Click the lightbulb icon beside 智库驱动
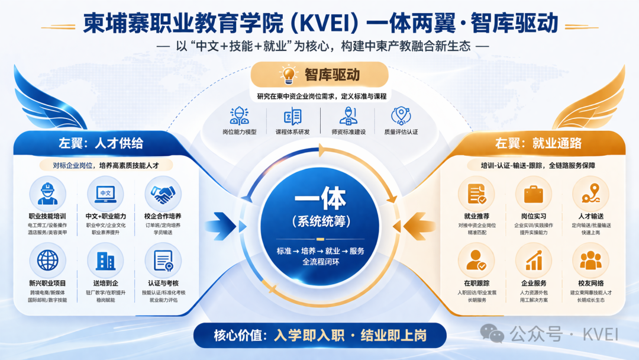[x=289, y=75]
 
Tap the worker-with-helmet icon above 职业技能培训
[x=47, y=194]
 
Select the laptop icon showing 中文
[x=105, y=194]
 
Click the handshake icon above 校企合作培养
[x=163, y=194]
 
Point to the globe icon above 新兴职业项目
[x=48, y=260]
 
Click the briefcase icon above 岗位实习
[x=534, y=194]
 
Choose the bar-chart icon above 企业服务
[x=534, y=261]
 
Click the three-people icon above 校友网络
[x=590, y=260]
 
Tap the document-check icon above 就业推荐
[x=476, y=194]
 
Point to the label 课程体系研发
[x=293, y=131]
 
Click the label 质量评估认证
[x=401, y=131]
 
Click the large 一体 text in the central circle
[x=320, y=198]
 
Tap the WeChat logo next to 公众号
[x=492, y=333]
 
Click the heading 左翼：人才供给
[x=101, y=143]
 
